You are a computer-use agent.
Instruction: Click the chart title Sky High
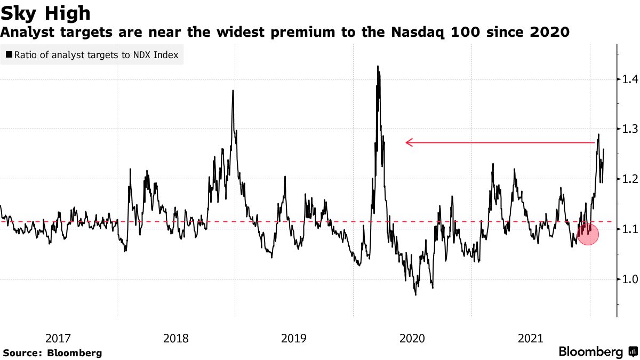pos(45,13)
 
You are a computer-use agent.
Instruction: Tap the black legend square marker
pos(9,54)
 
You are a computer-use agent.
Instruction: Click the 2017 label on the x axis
pos(58,338)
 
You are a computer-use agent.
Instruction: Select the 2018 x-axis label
pos(176,338)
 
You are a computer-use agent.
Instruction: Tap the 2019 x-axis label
pos(294,338)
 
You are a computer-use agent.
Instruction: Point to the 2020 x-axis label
pos(412,338)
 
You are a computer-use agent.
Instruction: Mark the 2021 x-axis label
pos(530,338)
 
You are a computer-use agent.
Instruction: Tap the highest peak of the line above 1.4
pos(378,67)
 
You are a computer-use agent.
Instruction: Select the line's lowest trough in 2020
pos(415,294)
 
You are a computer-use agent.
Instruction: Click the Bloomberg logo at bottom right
pos(597,352)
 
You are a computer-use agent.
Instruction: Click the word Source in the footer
pos(21,353)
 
